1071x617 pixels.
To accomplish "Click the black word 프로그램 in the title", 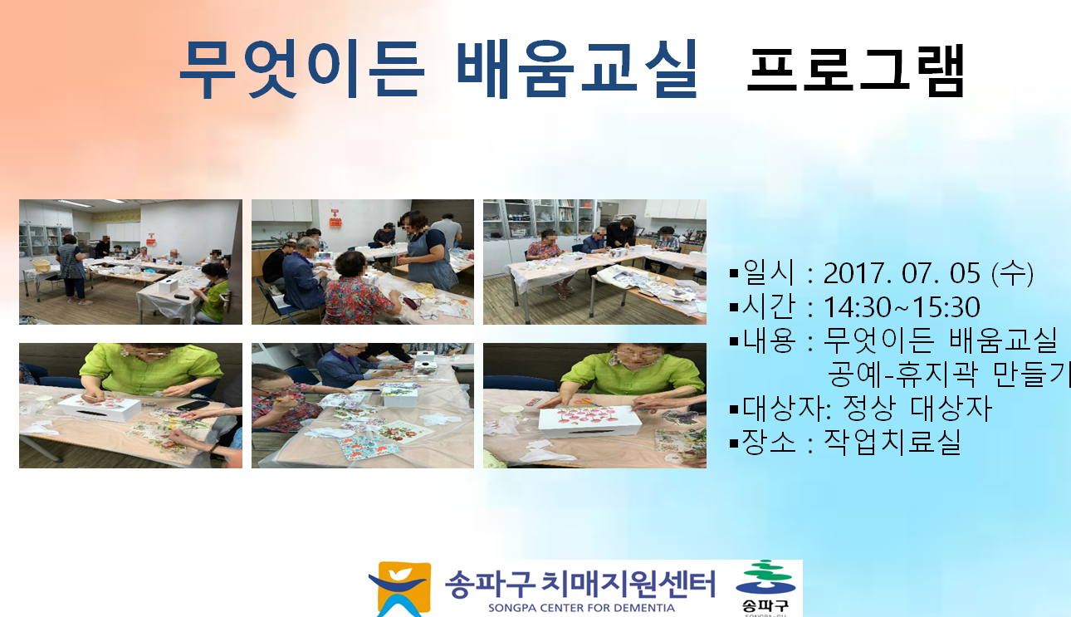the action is coord(855,71).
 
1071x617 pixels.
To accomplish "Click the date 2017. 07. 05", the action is coord(902,273).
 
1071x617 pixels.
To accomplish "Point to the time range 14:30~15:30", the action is coord(902,307).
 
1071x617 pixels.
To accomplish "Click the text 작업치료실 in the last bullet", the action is coord(892,442).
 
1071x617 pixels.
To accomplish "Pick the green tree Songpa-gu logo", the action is coord(765,579).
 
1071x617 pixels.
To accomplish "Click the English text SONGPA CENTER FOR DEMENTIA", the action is coord(581,609).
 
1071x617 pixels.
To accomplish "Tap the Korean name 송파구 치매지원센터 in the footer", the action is coord(580,584).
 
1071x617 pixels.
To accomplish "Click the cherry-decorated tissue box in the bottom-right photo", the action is coord(589,421).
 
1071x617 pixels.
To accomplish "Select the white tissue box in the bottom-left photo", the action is coord(100,408).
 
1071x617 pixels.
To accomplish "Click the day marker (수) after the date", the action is coord(1013,273).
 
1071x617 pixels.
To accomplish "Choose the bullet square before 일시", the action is coord(734,274).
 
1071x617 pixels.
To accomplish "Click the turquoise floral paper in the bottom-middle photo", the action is coord(368,448).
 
